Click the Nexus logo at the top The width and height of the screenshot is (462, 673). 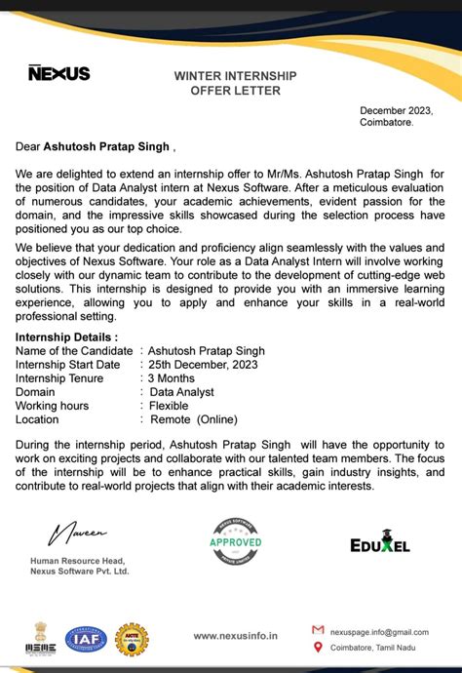58,73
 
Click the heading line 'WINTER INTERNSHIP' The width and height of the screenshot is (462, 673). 235,75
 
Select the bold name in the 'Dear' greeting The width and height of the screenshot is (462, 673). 105,147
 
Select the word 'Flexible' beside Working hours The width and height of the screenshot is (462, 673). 172,405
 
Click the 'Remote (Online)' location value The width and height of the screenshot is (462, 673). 192,418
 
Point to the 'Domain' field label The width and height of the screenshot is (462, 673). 36,391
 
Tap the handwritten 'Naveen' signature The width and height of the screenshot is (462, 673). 80,532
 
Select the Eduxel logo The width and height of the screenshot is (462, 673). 379,542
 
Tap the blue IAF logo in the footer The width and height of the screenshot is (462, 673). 85,639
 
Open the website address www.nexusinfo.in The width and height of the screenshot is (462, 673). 235,635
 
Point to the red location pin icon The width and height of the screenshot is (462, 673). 318,648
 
